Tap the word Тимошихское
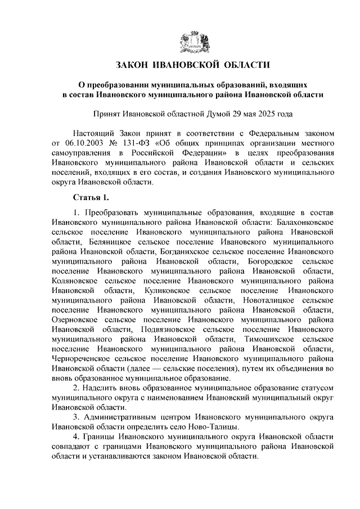tap(272, 340)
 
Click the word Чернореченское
tap(84, 360)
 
